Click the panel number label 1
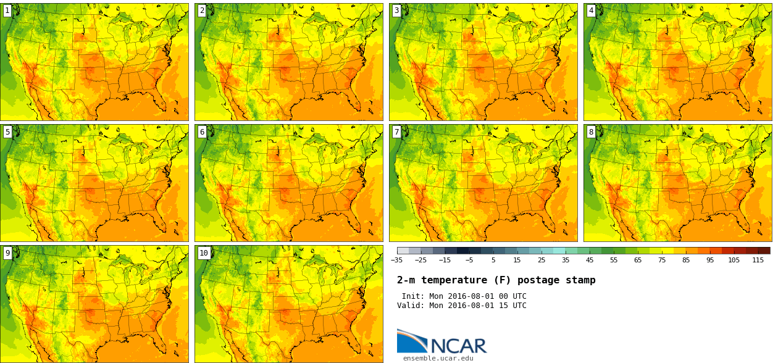pyautogui.click(x=7, y=10)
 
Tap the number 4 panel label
pyautogui.click(x=591, y=10)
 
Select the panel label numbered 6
pyautogui.click(x=202, y=132)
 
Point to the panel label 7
pyautogui.click(x=396, y=132)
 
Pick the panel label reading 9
pyautogui.click(x=7, y=253)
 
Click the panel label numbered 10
pyautogui.click(x=204, y=253)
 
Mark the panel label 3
pyautogui.click(x=396, y=10)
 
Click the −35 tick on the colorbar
pyautogui.click(x=396, y=261)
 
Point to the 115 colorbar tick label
pyautogui.click(x=758, y=261)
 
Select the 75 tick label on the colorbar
pyautogui.click(x=662, y=261)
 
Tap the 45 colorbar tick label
pyautogui.click(x=590, y=261)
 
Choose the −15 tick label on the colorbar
pyautogui.click(x=445, y=261)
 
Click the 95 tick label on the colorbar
pyautogui.click(x=710, y=261)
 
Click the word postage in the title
pyautogui.click(x=537, y=281)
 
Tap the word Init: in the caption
pyautogui.click(x=414, y=296)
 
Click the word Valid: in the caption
pyautogui.click(x=411, y=306)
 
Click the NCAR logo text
pyautogui.click(x=458, y=346)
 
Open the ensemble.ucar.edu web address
pyautogui.click(x=438, y=358)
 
